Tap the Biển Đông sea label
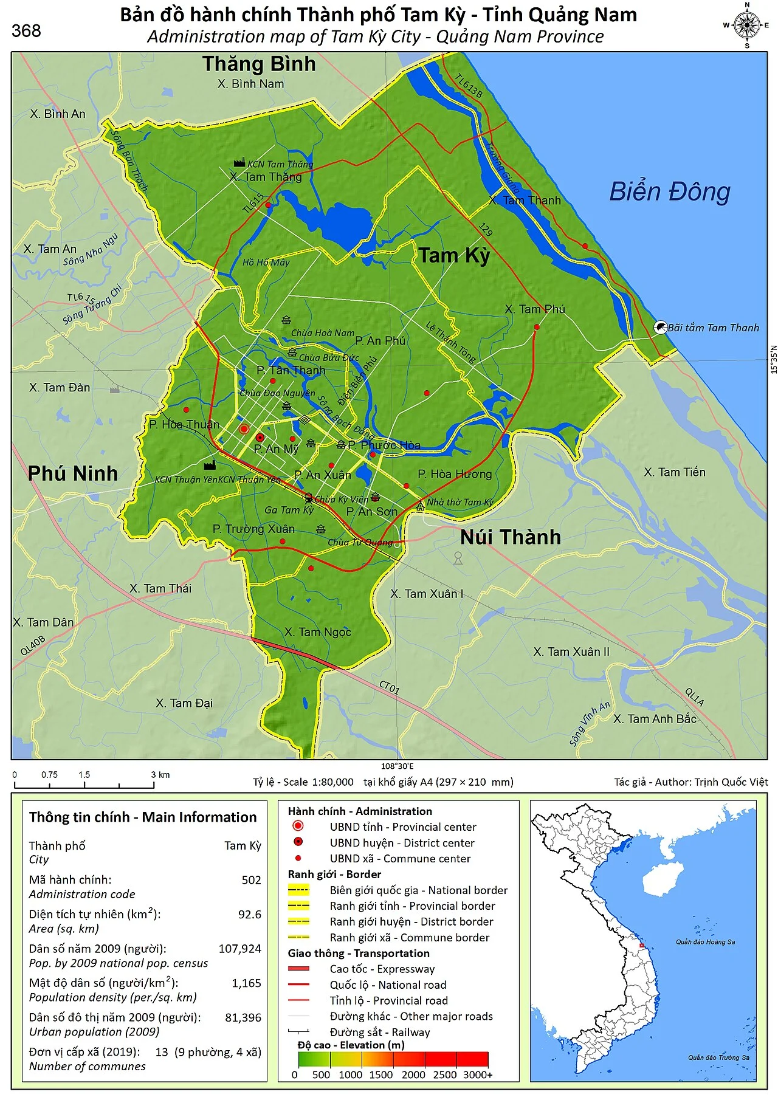(x=669, y=191)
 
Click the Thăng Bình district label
(x=259, y=64)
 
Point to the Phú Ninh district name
(x=73, y=473)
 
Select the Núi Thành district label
(x=510, y=537)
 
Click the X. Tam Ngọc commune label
(x=317, y=632)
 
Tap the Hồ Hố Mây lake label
(x=266, y=263)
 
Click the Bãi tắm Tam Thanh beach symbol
(x=660, y=328)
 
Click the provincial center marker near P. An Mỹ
(x=244, y=429)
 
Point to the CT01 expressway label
(x=389, y=688)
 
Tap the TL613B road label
(x=469, y=86)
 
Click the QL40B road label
(x=33, y=645)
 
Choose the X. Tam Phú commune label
(x=535, y=309)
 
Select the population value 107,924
(x=239, y=949)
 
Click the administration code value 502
(x=251, y=880)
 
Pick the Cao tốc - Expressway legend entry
(x=382, y=969)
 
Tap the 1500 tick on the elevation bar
(x=381, y=1074)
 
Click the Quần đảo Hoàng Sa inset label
(x=705, y=942)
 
